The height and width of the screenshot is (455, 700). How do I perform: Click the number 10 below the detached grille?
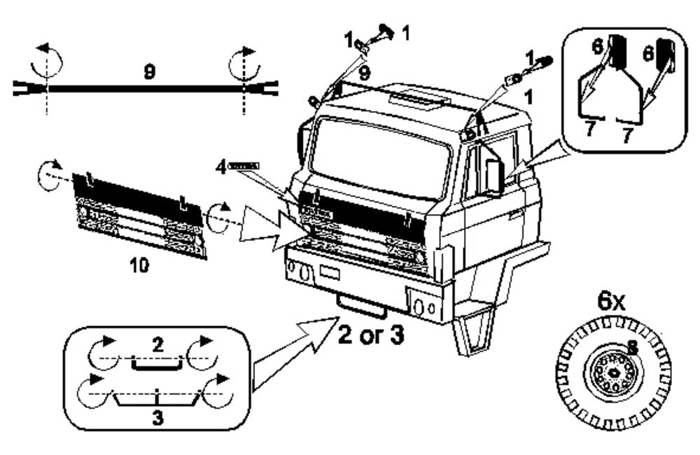(139, 267)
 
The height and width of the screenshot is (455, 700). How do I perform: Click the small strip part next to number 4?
(244, 165)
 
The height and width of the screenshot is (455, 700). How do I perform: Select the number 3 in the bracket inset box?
(157, 417)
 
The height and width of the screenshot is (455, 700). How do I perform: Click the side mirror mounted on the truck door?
(494, 176)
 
